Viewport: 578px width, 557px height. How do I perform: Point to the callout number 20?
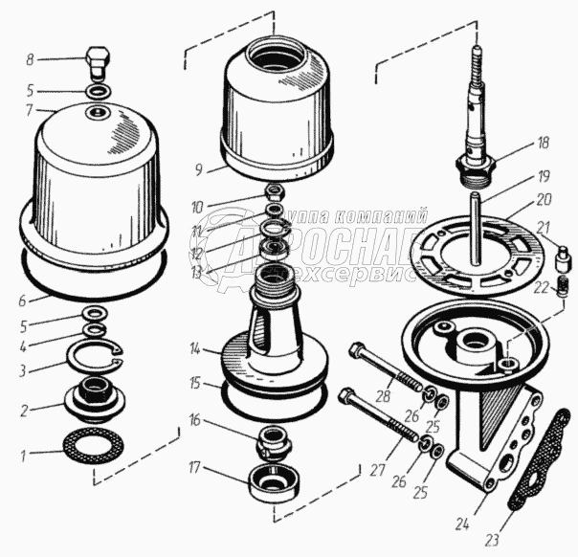(x=544, y=200)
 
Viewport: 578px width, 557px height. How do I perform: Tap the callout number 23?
(x=491, y=540)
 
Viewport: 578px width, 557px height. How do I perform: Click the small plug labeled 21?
(x=561, y=257)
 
